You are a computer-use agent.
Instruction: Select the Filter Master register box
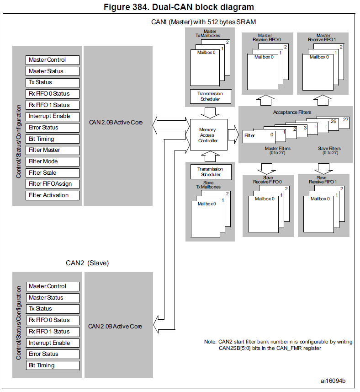point(53,150)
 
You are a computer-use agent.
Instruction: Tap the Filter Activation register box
point(53,195)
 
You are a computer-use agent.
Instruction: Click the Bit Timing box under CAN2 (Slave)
point(53,365)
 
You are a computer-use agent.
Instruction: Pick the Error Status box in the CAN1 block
point(53,128)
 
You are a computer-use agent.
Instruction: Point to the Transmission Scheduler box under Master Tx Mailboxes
point(210,97)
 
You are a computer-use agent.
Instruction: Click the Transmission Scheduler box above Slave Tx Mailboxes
point(210,172)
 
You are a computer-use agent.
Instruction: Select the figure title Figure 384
point(180,7)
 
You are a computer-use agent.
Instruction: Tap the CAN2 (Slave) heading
point(87,263)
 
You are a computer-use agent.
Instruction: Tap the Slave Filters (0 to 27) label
point(329,150)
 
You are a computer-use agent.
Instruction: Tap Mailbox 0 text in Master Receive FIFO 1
point(320,57)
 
